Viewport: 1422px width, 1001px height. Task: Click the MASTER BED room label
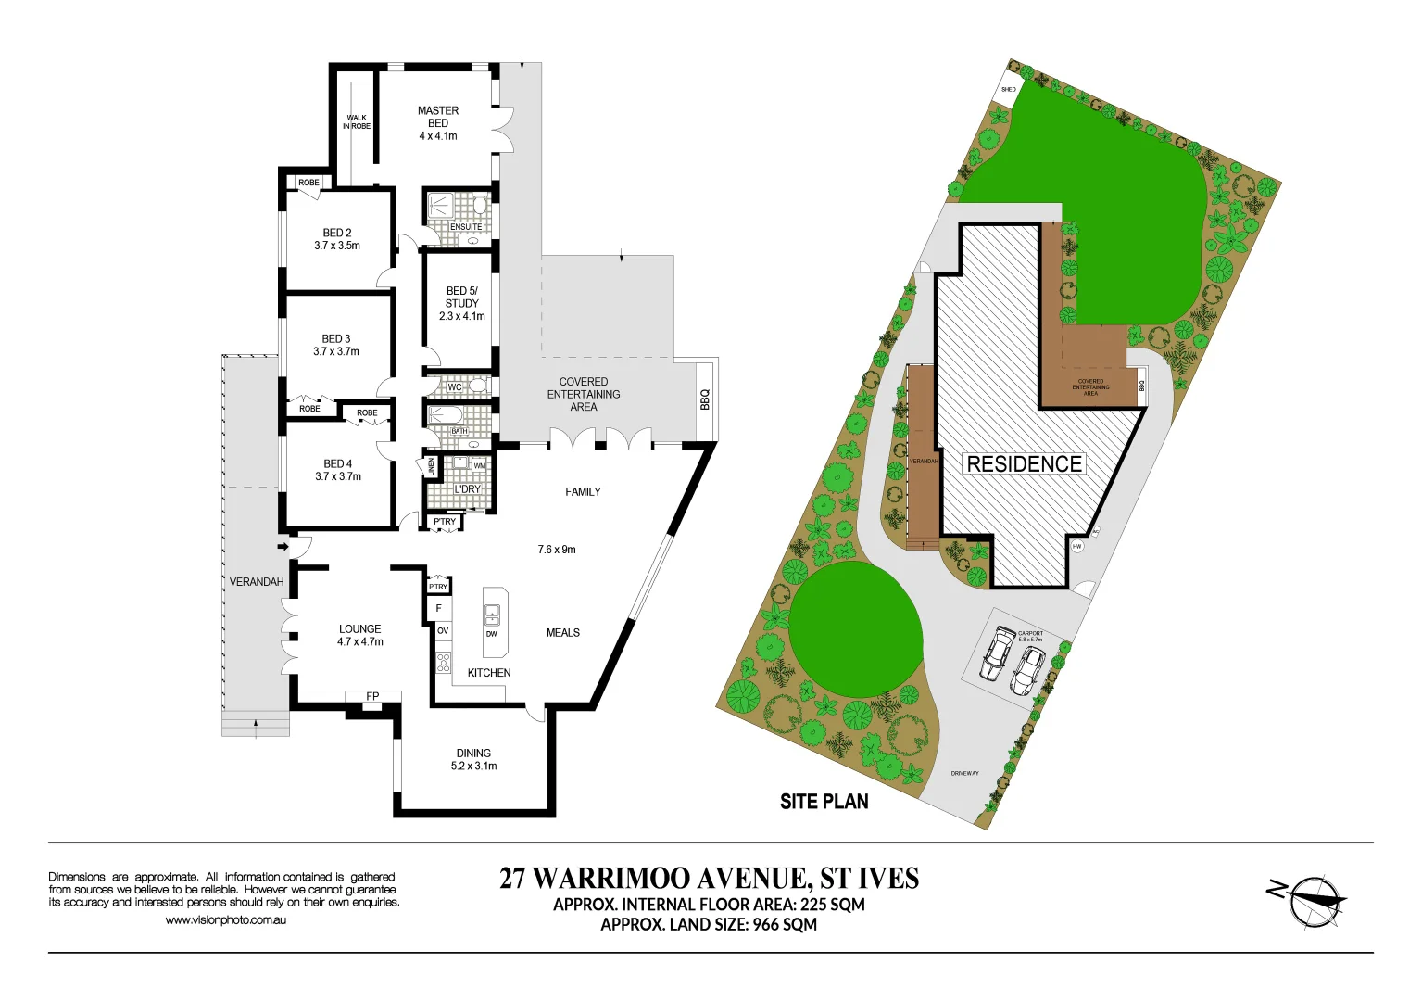438,117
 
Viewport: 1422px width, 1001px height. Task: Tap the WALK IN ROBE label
357,122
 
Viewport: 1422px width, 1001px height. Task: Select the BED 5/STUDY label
461,298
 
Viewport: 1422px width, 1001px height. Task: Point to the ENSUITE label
466,227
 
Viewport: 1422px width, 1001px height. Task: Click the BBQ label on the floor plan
705,399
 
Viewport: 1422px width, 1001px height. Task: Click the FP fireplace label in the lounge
372,697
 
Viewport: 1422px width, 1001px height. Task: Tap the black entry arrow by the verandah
284,548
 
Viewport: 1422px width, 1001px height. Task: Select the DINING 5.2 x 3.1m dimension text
473,767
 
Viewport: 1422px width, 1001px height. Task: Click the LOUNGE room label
359,628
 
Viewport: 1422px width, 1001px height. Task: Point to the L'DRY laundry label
467,489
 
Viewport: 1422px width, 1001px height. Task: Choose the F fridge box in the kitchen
438,609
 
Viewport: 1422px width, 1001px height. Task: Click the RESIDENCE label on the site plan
1024,463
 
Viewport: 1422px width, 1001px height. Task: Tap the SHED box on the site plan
1008,90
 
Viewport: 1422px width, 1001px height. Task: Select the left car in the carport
997,652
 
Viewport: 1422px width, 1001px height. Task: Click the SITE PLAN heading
824,802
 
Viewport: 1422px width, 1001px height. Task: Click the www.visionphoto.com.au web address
225,920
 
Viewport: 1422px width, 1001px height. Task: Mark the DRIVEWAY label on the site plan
964,773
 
